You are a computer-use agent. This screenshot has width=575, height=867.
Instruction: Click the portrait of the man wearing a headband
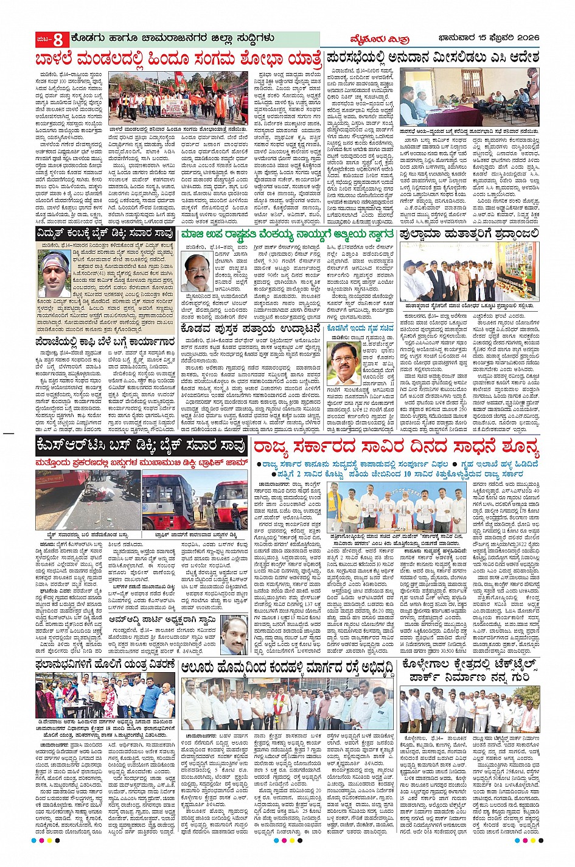54,273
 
